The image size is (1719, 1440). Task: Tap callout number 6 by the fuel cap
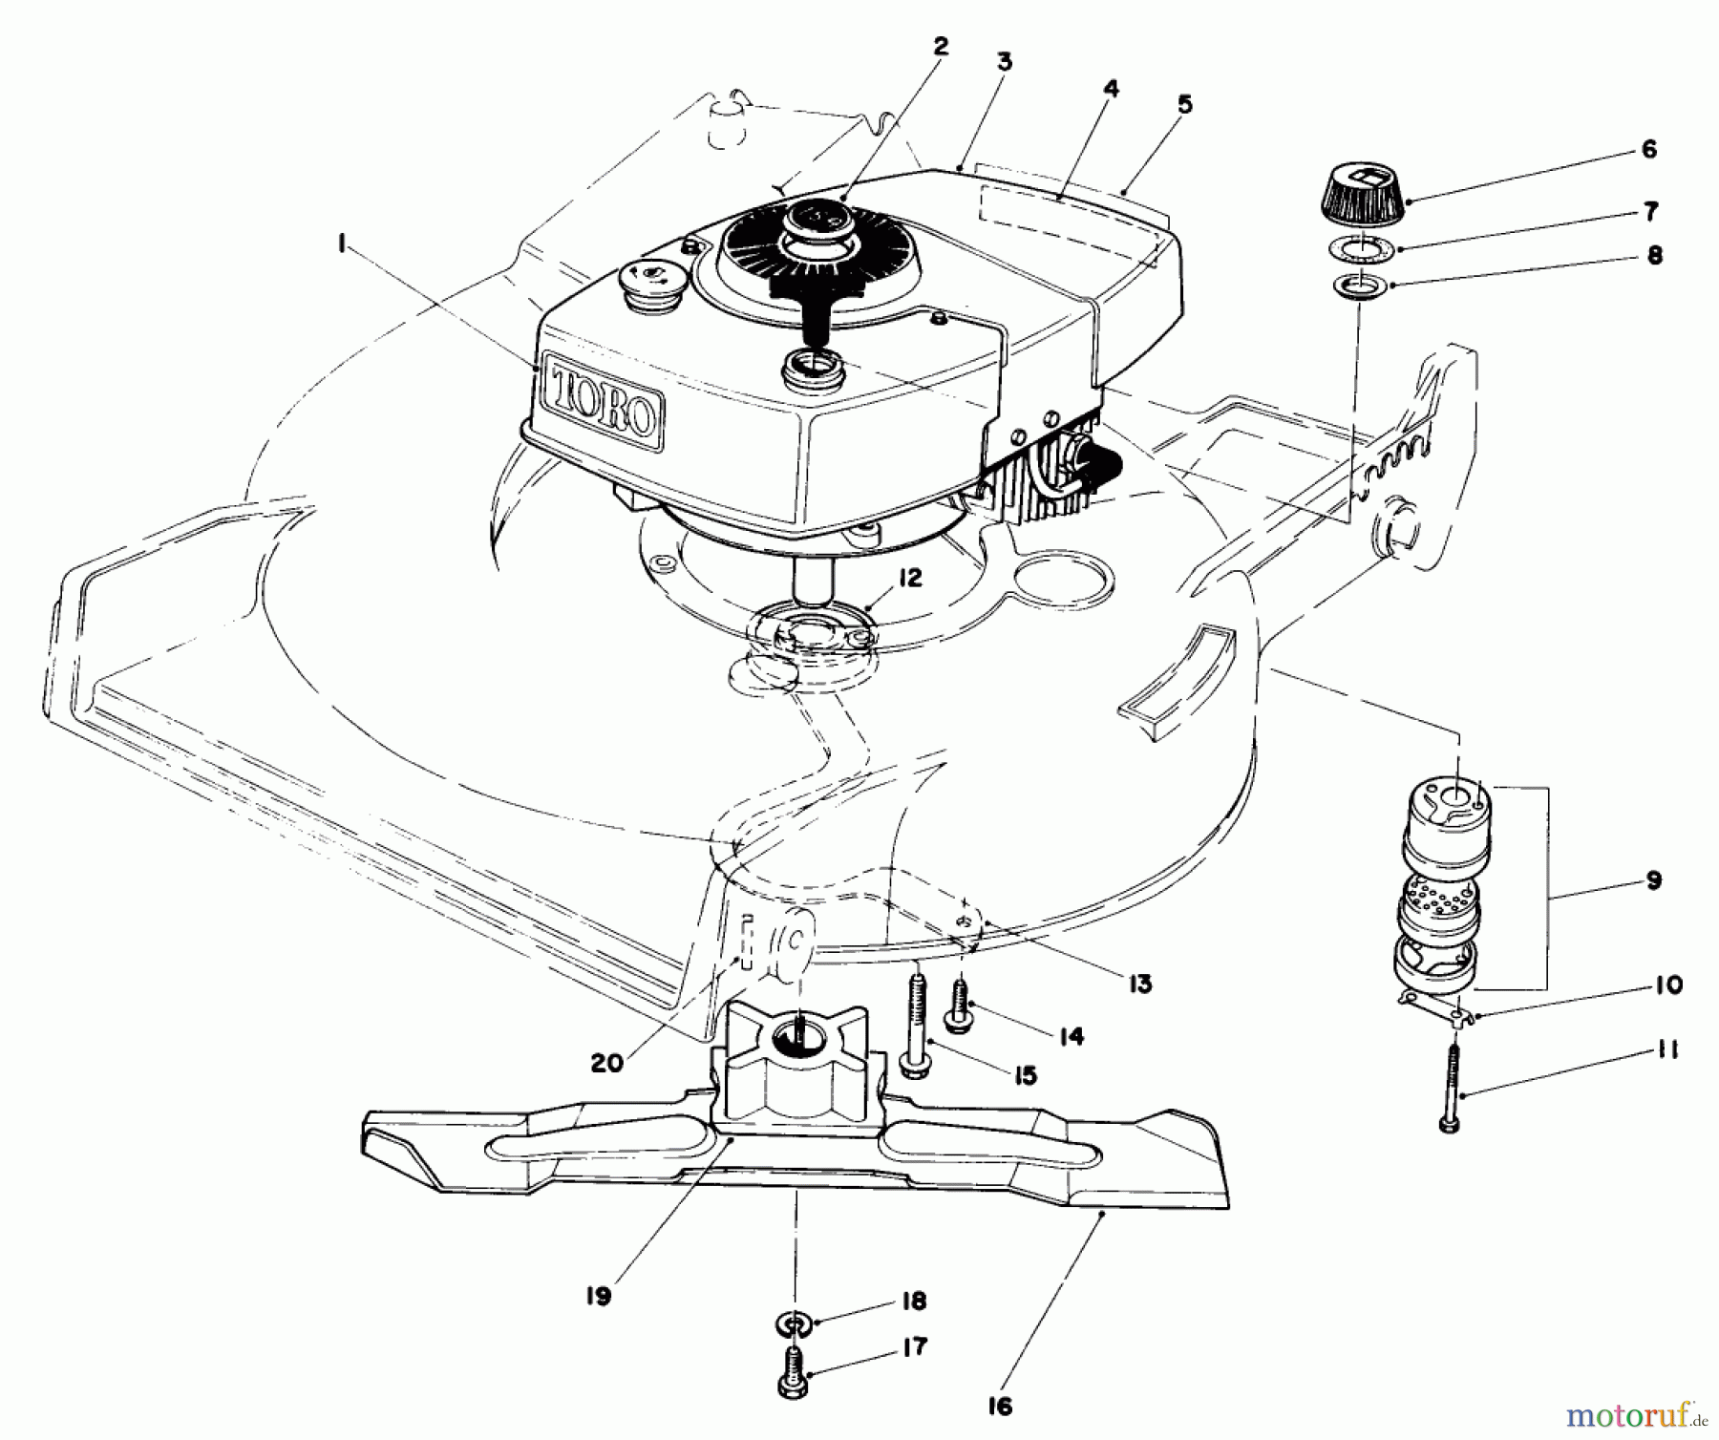pyautogui.click(x=1648, y=150)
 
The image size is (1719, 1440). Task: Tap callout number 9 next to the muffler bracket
pyautogui.click(x=1654, y=880)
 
